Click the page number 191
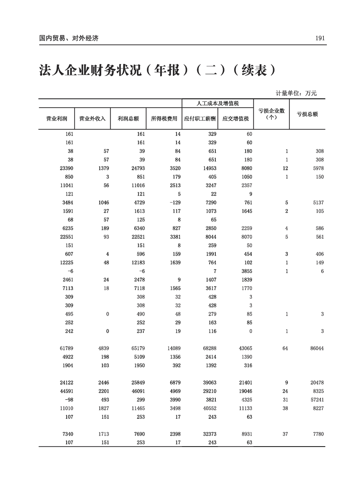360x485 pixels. pos(320,38)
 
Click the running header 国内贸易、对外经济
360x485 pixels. pos(68,38)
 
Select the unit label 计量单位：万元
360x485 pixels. pos(296,93)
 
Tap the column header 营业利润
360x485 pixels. pos(56,119)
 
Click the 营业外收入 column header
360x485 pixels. pos(92,119)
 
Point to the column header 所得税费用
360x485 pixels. pos(164,119)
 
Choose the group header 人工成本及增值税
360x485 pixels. pos(217,103)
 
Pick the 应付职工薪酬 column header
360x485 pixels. pos(200,119)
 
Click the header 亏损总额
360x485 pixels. pos(307,114)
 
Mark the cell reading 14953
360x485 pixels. pos(209,168)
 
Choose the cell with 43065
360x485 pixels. pos(245,349)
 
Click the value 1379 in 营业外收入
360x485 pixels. pos(103,168)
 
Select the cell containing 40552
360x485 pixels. pos(209,409)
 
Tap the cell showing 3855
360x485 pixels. pos(246,271)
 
